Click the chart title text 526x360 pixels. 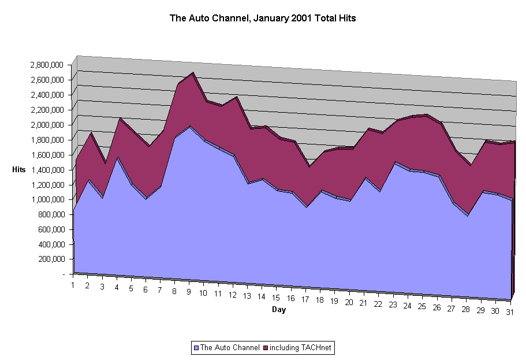point(263,18)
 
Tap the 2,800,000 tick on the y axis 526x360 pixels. point(47,65)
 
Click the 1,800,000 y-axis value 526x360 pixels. point(47,140)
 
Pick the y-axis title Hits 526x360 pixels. point(18,169)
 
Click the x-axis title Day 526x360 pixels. point(279,310)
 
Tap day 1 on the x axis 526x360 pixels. point(73,285)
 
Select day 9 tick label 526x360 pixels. point(189,292)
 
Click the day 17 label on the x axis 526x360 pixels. point(304,299)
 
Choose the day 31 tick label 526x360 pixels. point(509,312)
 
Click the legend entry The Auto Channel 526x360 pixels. point(230,348)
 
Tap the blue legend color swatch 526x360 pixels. point(196,348)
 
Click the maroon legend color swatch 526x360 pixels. point(266,348)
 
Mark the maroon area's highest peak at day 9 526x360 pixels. point(192,73)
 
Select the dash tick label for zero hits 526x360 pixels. point(63,274)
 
